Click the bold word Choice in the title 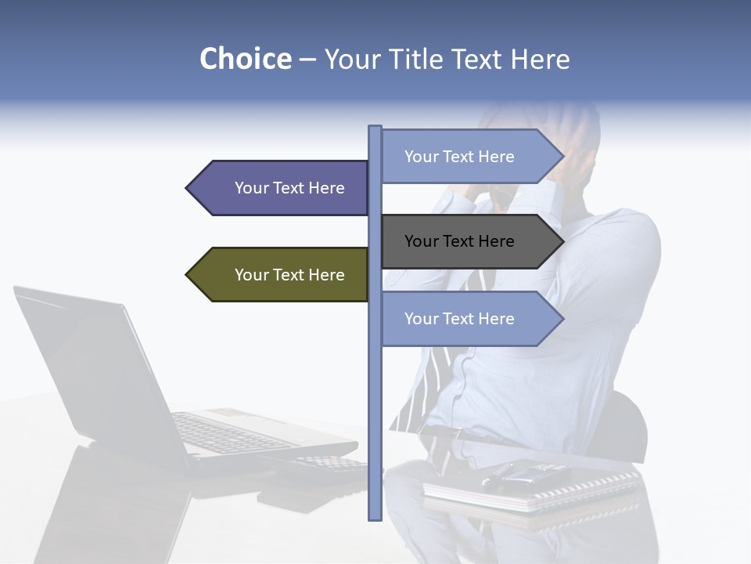coord(245,60)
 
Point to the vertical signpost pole coord(375,407)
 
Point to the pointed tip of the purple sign coord(189,188)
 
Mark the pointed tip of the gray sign coord(562,241)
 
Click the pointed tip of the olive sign coord(189,275)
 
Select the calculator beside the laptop coord(329,467)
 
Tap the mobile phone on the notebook coord(532,472)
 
